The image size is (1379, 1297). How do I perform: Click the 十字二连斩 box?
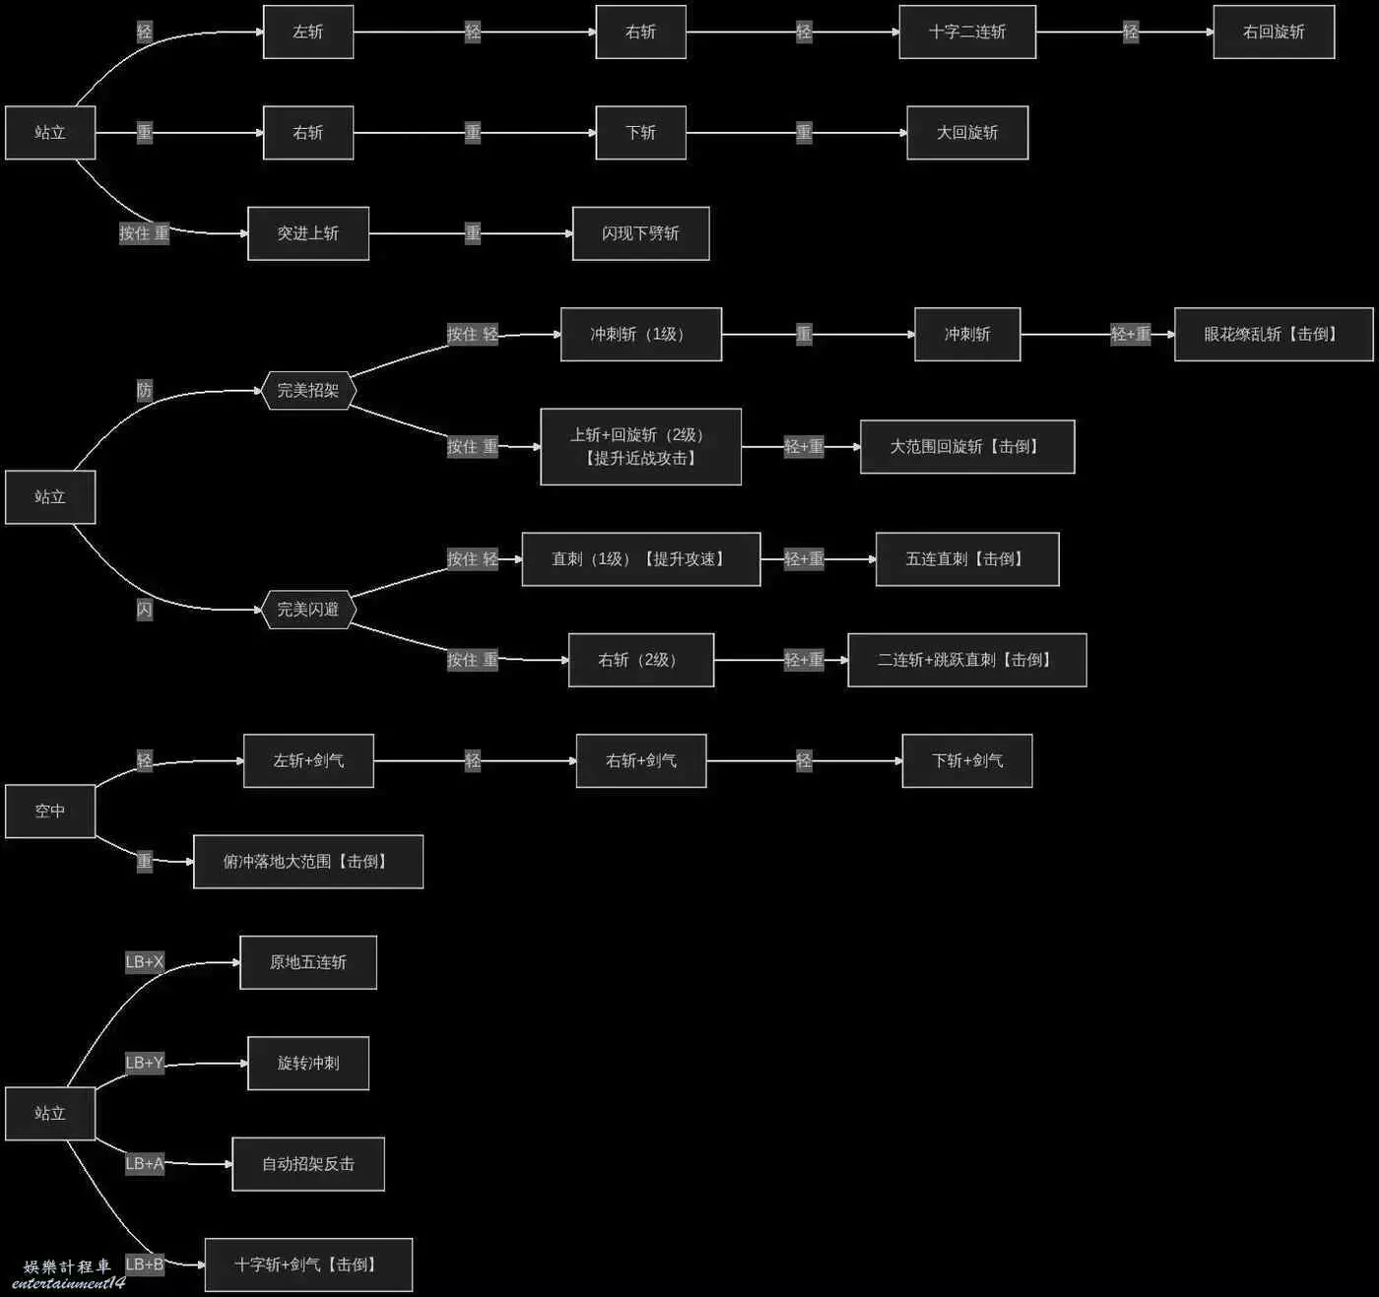[966, 32]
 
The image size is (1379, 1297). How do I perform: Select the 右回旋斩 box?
[1273, 32]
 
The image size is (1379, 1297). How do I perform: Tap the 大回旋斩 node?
[966, 133]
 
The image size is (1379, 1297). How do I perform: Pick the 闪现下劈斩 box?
[640, 233]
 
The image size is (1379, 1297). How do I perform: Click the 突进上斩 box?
[307, 233]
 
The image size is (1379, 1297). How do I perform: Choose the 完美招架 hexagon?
[307, 391]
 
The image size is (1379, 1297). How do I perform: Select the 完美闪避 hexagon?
[307, 610]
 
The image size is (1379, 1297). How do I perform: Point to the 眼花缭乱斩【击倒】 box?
[1273, 335]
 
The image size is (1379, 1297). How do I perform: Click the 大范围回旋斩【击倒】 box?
[966, 447]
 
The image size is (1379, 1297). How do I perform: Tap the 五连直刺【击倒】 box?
[966, 559]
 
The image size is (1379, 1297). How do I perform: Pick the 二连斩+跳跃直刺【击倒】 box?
[966, 660]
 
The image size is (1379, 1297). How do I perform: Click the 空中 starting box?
[50, 811]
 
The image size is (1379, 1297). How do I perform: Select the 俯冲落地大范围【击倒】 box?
[307, 862]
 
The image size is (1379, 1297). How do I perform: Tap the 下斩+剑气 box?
[966, 761]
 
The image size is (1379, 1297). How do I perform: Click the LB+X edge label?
[145, 962]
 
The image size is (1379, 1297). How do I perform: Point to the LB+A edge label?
[145, 1164]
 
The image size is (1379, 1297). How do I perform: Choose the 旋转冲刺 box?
[307, 1064]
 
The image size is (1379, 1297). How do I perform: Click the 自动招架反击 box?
[307, 1164]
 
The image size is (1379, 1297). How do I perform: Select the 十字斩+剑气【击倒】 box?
[307, 1265]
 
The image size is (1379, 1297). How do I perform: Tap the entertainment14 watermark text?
[69, 1283]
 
